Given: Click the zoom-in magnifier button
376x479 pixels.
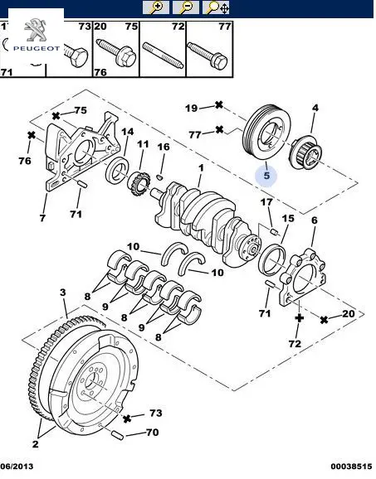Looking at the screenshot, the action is (156, 7).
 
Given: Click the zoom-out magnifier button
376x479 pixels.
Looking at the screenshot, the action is (185, 7).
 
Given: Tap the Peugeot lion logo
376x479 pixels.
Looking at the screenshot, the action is (35, 30).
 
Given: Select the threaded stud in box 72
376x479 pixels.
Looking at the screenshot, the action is (163, 56).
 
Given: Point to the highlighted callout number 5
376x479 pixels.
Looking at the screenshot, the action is (266, 176).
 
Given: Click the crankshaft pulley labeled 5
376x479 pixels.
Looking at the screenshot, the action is (266, 133).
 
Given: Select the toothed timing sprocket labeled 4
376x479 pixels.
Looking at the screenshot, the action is (305, 153).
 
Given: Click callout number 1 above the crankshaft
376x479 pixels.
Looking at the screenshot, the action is (201, 168).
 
